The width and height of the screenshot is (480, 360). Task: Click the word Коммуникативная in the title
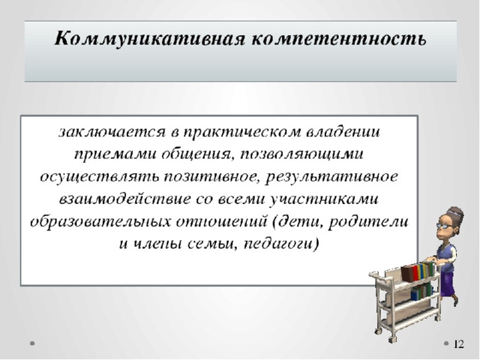pos(150,40)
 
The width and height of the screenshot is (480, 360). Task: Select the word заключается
pos(112,133)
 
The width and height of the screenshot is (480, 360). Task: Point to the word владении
pos(343,132)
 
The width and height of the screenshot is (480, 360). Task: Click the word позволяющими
pos(301,154)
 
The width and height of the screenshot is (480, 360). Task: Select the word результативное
pos(331,177)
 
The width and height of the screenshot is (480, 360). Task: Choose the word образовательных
pos(100,222)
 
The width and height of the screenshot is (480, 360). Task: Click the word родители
pos(368,221)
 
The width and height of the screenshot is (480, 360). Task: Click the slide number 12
pos(459,344)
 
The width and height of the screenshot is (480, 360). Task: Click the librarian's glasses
pos(445,225)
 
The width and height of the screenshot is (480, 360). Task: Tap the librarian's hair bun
pos(457,211)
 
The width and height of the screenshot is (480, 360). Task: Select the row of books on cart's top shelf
pos(418,271)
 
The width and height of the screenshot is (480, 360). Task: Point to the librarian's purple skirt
pos(447,284)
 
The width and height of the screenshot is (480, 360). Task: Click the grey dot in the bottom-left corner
pos(32,343)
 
